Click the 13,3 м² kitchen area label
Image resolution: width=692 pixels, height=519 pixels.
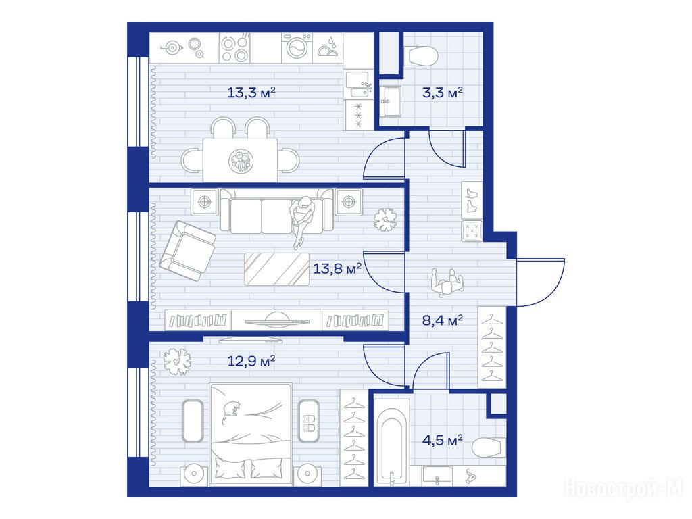coord(251,93)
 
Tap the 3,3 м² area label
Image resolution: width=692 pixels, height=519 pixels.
coord(442,93)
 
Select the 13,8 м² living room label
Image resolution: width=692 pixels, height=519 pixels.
coord(337,268)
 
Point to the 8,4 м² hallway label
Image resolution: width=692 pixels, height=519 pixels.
coord(442,320)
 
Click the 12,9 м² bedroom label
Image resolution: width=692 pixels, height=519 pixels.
coord(251,362)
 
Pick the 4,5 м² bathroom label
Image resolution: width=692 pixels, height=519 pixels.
coord(442,440)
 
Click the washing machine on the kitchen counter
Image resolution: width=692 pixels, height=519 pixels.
coord(297,48)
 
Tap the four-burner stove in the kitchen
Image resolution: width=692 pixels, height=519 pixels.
coord(234,48)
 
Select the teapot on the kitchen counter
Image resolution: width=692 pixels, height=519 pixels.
coord(172,47)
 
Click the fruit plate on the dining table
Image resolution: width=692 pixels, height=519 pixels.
coord(241,161)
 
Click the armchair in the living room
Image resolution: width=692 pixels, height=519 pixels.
coord(188,251)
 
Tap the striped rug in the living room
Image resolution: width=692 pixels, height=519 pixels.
coord(276,269)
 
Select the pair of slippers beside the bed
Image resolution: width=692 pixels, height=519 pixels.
coord(308,423)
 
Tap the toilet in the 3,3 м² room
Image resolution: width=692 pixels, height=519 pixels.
coord(423,57)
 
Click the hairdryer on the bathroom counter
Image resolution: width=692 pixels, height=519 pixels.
coord(470,476)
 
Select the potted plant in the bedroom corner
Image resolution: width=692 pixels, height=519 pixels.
coord(177,361)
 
